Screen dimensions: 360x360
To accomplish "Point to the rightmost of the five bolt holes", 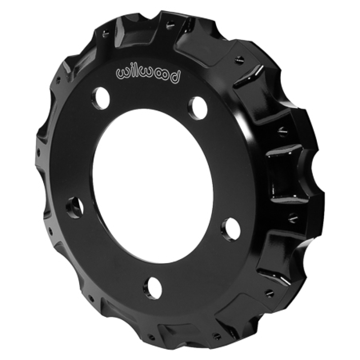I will pos(230,225).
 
